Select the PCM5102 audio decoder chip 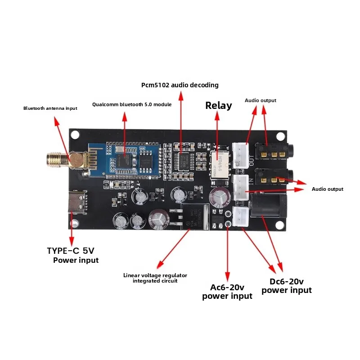tap(184, 160)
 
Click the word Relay tap(219, 106)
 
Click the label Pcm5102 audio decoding tap(180, 85)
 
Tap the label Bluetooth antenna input tap(50, 108)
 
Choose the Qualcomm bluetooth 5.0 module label tap(132, 104)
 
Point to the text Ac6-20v tap(227, 287)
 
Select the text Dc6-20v tap(286, 281)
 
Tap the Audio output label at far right tap(327, 189)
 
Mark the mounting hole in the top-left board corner tap(75, 134)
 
